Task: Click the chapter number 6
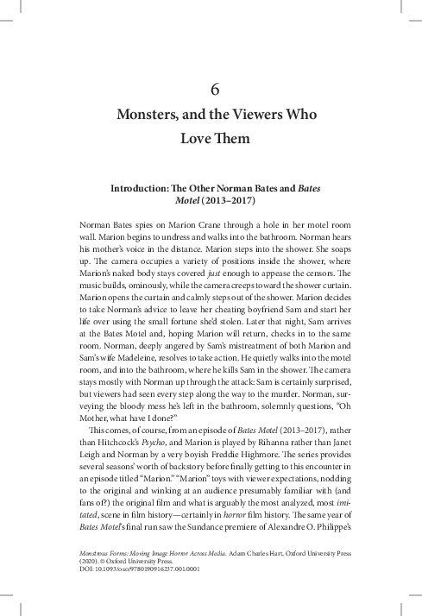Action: [217, 87]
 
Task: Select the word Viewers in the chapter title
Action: [274, 115]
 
